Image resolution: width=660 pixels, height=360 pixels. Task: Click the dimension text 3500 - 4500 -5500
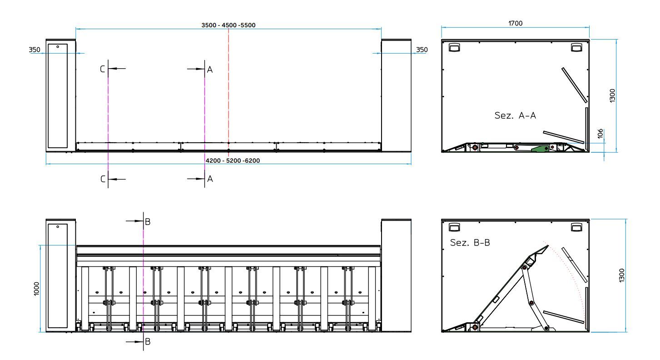point(228,25)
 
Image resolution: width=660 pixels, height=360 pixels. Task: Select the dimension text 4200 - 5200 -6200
point(232,160)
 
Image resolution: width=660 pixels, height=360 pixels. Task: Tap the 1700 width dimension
point(515,23)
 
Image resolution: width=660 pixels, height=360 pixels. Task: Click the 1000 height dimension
point(36,289)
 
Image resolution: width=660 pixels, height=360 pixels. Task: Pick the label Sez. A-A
point(515,115)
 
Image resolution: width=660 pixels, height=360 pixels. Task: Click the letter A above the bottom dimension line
point(210,70)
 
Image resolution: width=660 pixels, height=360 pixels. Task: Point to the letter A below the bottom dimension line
point(210,179)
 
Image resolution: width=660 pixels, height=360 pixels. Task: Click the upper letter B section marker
point(147,222)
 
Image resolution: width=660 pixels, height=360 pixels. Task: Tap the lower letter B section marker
point(147,342)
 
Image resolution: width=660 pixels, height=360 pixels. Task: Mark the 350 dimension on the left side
point(35,50)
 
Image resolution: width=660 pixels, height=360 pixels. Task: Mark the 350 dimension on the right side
point(422,50)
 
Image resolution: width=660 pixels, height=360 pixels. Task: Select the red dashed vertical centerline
point(228,91)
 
